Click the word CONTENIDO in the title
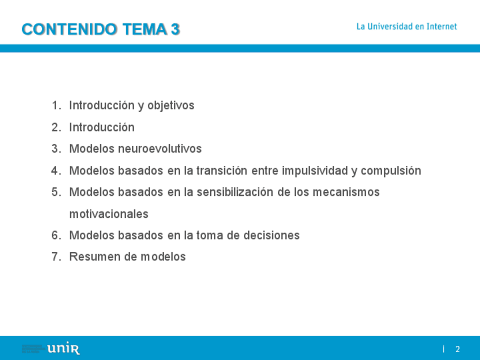coord(69,29)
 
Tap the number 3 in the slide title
coord(175,29)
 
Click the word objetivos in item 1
coord(171,106)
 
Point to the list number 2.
coord(56,127)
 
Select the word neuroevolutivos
coord(160,149)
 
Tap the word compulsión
coord(391,171)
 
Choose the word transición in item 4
coord(222,170)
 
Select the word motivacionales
coord(109,214)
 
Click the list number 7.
coord(56,257)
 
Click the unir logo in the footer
coord(63,349)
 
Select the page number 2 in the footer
coord(458,349)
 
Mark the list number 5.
coord(56,192)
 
